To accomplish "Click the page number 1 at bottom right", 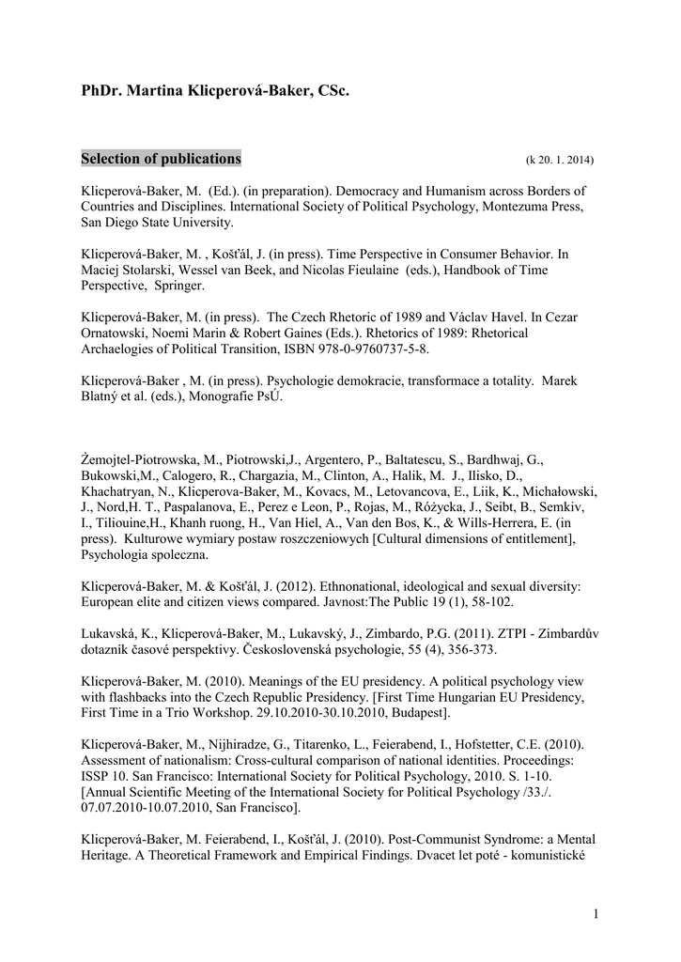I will click(x=596, y=913).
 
